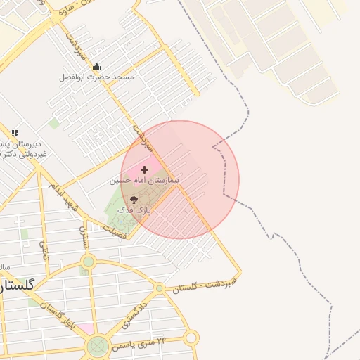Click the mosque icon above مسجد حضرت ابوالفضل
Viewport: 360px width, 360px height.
[96, 67]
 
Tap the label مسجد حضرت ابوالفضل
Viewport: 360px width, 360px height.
[96, 77]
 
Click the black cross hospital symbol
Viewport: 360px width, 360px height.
[145, 169]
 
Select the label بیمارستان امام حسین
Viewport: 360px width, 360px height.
[145, 180]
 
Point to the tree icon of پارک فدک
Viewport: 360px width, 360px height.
[134, 200]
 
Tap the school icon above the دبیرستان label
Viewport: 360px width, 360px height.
[15, 132]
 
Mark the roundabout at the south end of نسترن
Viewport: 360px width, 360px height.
[88, 262]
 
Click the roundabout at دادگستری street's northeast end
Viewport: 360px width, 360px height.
[160, 288]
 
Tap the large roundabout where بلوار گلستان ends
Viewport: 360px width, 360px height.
[98, 345]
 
